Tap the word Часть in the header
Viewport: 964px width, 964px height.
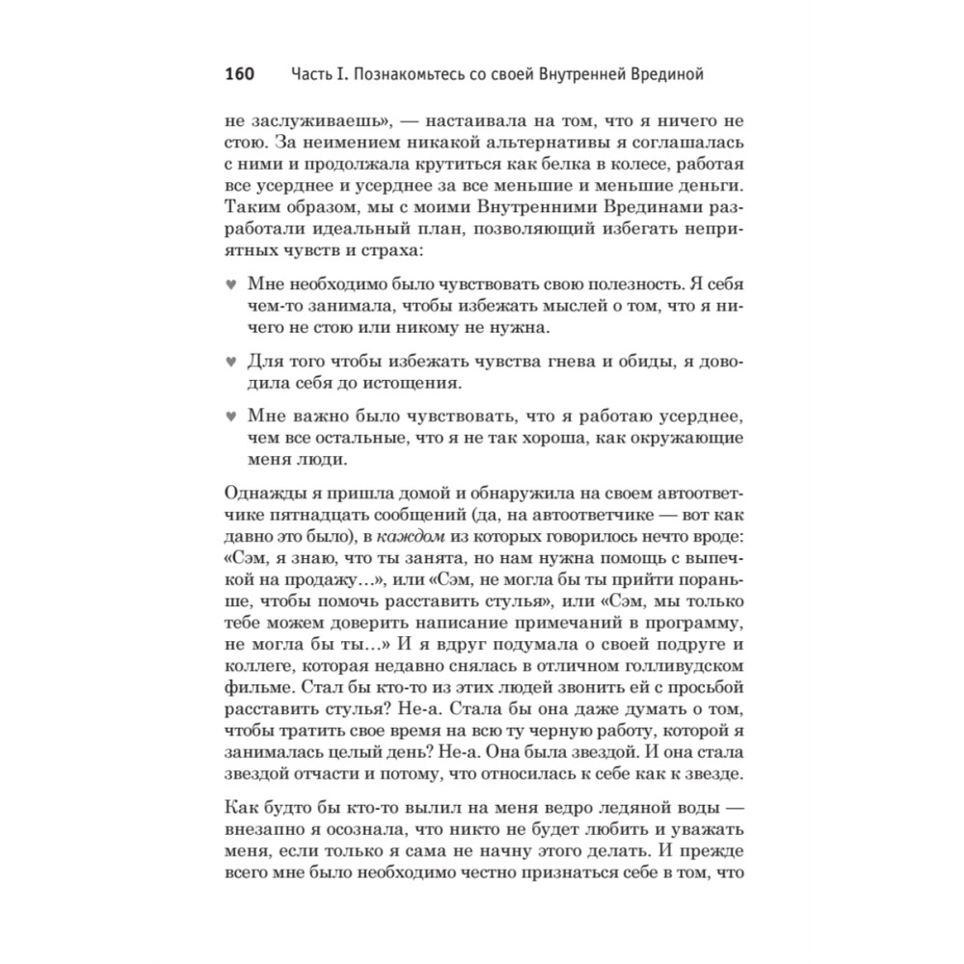[313, 74]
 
